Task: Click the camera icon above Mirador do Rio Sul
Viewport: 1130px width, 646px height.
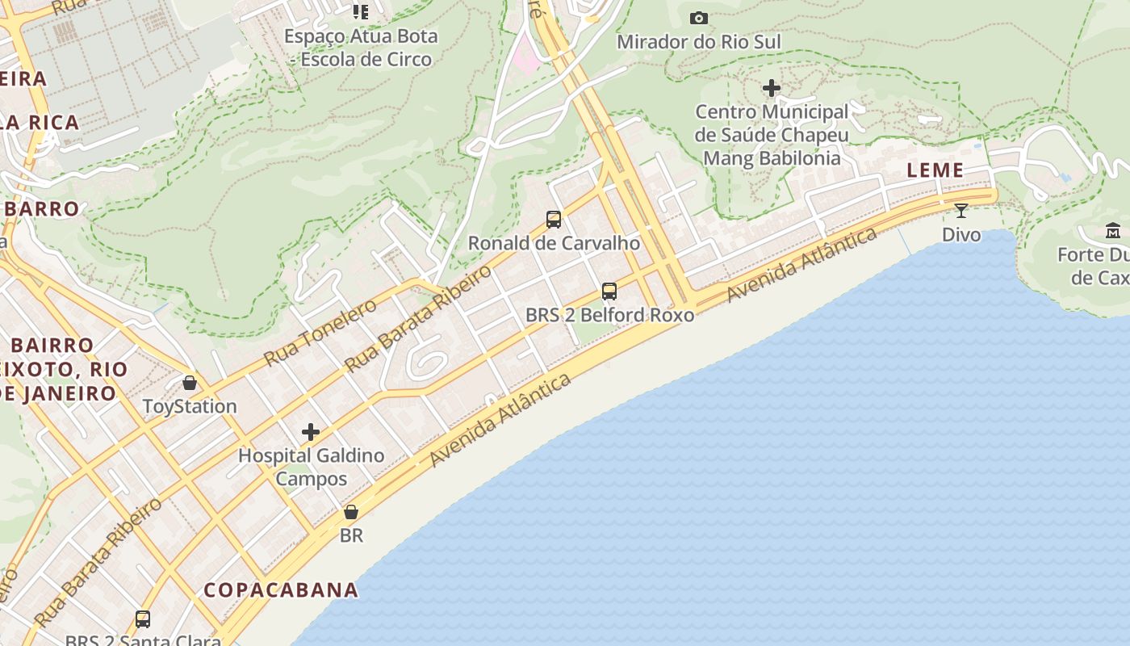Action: [699, 18]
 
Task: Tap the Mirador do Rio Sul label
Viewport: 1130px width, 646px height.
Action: [699, 41]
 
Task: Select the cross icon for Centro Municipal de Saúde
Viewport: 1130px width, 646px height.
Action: [772, 87]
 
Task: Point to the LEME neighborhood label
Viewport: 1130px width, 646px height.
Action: [935, 170]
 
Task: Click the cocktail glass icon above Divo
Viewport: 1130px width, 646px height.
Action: [960, 211]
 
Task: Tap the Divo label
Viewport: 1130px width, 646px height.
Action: [961, 235]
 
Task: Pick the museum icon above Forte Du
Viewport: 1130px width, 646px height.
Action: [1113, 231]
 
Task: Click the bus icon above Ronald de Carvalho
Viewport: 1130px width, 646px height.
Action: [554, 219]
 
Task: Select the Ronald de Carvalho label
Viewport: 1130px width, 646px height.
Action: [554, 243]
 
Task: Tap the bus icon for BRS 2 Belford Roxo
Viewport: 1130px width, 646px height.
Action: [609, 291]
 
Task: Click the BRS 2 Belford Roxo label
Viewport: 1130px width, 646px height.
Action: [609, 315]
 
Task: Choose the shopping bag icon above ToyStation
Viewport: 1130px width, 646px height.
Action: [190, 382]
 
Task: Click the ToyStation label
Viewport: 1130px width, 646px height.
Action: [190, 406]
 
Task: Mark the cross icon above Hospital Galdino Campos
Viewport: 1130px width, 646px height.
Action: [311, 432]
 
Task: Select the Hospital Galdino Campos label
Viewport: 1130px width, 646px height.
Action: [311, 467]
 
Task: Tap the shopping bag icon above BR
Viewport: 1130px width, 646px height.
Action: [351, 512]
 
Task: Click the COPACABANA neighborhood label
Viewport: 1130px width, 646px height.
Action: [281, 589]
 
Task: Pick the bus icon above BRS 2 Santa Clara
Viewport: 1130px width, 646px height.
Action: [143, 619]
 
